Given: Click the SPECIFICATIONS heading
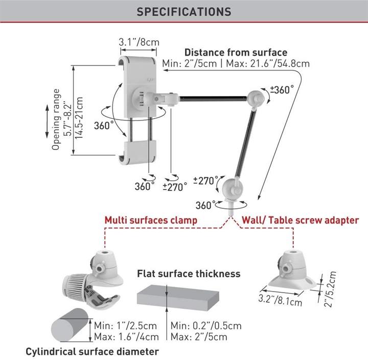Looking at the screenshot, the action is tap(184, 12).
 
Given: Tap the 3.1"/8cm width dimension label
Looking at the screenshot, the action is tap(139, 42).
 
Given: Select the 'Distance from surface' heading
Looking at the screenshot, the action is tap(236, 52).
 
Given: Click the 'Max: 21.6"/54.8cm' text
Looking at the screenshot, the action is tap(268, 63).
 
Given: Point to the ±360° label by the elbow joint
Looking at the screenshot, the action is tap(282, 89).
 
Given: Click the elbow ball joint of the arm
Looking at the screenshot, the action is tap(256, 99).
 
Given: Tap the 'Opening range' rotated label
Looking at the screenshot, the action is tap(56, 119).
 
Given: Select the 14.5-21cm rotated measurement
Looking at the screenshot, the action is tap(79, 118).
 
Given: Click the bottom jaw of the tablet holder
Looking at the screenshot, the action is tap(137, 153).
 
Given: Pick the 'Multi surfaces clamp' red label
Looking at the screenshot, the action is tap(151, 220).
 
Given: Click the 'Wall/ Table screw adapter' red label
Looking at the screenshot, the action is tap(301, 220).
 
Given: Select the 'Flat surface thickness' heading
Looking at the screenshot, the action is tap(189, 274).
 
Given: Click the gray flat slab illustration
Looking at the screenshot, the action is tap(178, 297).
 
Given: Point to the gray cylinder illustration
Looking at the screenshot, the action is tap(70, 325).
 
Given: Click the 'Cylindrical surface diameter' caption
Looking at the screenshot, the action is tap(92, 351).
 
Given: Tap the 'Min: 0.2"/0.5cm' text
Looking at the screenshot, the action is tap(206, 326).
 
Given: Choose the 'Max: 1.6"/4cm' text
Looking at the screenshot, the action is tap(126, 337).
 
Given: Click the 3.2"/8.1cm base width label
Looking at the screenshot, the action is tap(280, 300).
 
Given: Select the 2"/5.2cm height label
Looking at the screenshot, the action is tap(330, 289).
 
